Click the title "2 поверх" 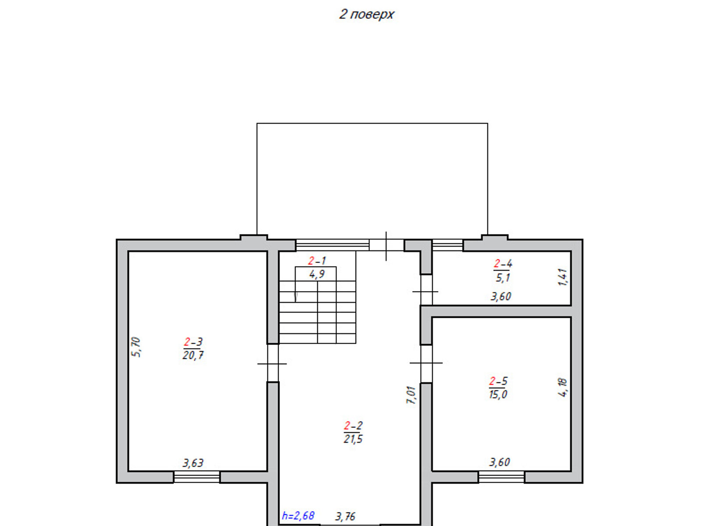tap(366, 14)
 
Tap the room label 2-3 tap(193, 342)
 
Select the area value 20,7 tap(193, 355)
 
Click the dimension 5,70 tap(136, 347)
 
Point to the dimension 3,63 tap(193, 463)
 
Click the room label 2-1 tap(317, 261)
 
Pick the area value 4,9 tap(317, 274)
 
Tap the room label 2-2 tap(353, 425)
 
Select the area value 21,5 tap(353, 439)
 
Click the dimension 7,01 tap(411, 395)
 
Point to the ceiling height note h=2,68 tap(298, 515)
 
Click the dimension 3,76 tap(345, 516)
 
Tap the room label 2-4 tap(503, 263)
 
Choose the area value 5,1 tap(503, 277)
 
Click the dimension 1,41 tap(563, 277)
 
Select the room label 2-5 tap(498, 381)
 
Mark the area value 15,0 tap(498, 394)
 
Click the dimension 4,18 tap(563, 387)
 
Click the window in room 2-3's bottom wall tap(197, 477)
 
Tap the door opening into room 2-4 tap(426, 290)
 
